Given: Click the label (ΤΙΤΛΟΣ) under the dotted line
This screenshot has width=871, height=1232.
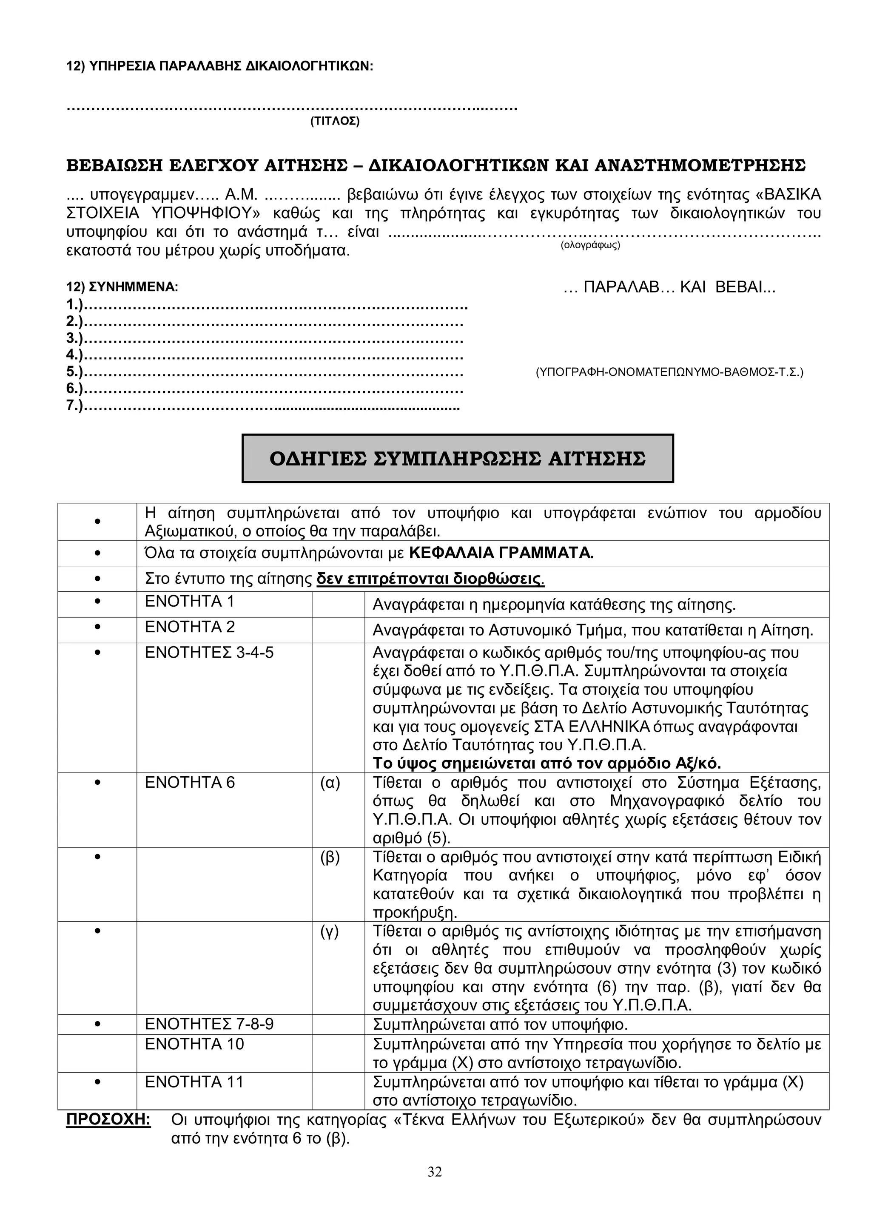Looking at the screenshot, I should (334, 121).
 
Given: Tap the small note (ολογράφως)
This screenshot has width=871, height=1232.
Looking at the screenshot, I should (590, 245).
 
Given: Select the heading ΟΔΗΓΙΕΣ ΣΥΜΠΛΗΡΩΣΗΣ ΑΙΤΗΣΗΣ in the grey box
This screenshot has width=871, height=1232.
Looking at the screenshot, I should (457, 459).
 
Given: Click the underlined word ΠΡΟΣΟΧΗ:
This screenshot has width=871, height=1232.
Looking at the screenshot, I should (108, 1120).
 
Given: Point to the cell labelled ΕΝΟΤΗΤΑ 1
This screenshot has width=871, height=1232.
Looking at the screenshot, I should (189, 602).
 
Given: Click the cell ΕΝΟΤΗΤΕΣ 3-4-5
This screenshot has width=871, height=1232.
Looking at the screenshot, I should (209, 653).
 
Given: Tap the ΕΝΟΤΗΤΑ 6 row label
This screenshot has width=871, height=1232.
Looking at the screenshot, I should (189, 783).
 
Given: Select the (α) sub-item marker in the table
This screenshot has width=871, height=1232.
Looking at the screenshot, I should (330, 783).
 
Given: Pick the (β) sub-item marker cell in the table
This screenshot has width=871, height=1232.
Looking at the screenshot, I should (330, 857).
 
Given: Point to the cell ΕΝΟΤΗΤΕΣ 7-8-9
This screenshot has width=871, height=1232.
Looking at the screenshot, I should (209, 1025).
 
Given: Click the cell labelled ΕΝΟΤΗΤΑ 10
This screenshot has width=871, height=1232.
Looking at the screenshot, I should (194, 1044).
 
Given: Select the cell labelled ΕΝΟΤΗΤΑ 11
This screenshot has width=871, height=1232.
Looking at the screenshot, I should (194, 1082).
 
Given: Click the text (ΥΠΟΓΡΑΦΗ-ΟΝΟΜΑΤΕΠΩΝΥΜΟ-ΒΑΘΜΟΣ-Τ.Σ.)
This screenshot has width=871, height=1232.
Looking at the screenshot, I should (669, 372).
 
